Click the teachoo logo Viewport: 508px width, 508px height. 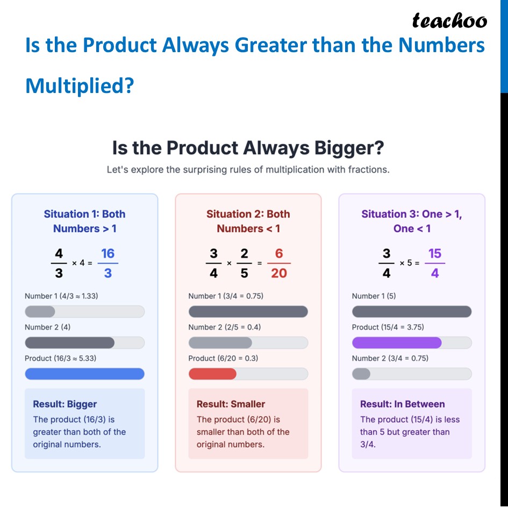coord(449,20)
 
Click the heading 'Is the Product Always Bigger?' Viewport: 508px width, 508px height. coord(248,147)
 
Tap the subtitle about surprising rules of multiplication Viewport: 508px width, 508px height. coord(248,169)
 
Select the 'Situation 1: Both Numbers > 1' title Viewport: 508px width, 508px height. coord(84,221)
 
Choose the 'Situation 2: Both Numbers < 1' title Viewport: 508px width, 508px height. coord(248,221)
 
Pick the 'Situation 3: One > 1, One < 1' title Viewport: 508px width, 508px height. coord(411,221)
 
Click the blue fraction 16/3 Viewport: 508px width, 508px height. coord(108,263)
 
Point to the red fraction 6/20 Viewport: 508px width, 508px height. coord(278,263)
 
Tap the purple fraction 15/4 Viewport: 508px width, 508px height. coord(434,263)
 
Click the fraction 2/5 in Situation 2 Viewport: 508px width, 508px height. coord(244,263)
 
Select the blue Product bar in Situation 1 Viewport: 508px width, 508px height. coord(84,374)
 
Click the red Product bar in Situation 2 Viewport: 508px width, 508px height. coord(212,374)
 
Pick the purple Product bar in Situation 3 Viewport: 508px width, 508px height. coord(396,342)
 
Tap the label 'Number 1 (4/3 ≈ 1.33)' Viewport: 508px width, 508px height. coord(61,296)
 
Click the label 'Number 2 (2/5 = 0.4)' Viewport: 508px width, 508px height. coord(225,327)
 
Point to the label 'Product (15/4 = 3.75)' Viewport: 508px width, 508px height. coord(388,327)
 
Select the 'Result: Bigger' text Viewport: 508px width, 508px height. coord(65,404)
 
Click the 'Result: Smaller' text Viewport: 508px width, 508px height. coord(231,404)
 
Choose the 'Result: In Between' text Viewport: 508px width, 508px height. coord(402,404)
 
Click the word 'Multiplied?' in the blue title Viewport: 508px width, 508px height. coord(79,85)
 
